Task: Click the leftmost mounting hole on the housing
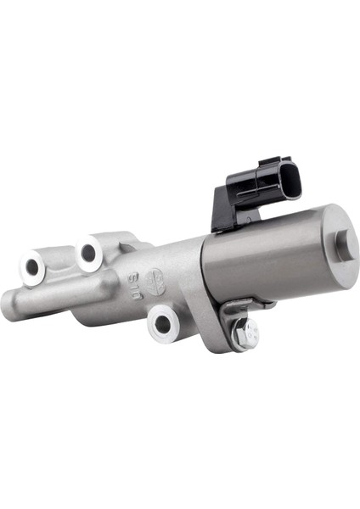33,267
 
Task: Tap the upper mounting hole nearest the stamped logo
88,252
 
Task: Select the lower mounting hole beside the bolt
162,322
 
